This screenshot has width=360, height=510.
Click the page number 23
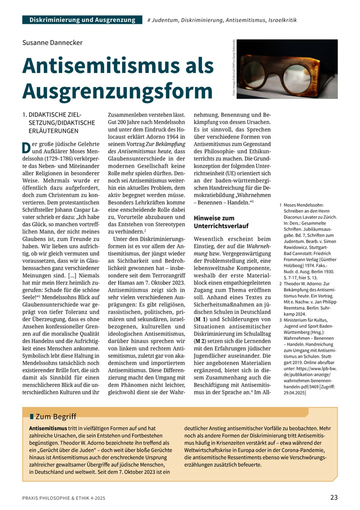pyautogui.click(x=333, y=497)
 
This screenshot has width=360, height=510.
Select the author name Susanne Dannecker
pyautogui.click(x=52, y=43)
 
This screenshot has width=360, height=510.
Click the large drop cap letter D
pyautogui.click(x=26, y=149)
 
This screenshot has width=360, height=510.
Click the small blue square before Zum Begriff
pyautogui.click(x=31, y=416)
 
